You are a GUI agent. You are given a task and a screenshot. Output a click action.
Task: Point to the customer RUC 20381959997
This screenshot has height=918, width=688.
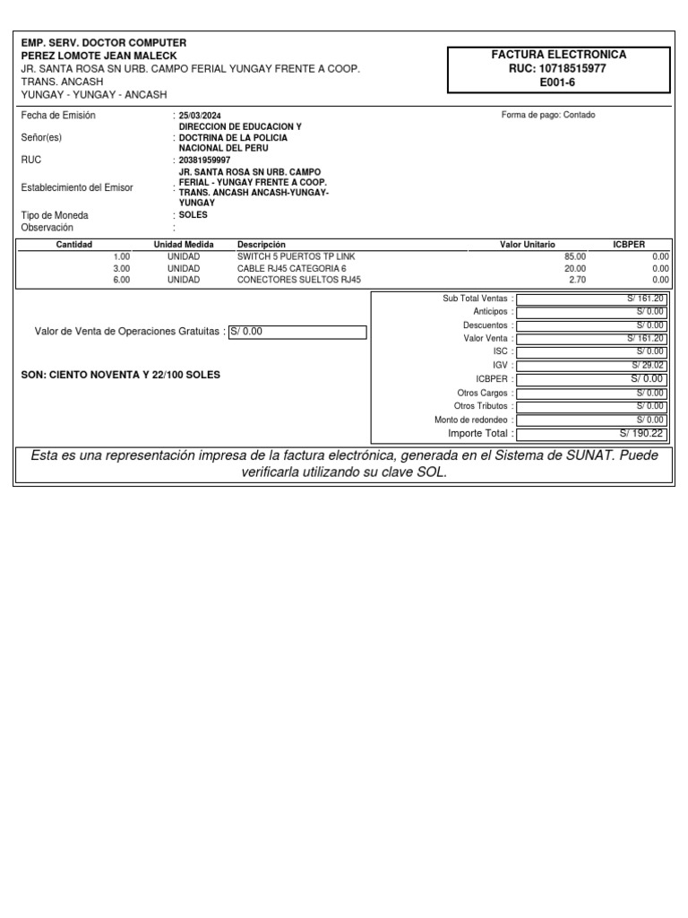205,160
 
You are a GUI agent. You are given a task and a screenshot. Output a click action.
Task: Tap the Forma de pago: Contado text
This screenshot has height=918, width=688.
548,115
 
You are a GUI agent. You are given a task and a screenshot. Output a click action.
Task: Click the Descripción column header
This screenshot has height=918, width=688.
262,245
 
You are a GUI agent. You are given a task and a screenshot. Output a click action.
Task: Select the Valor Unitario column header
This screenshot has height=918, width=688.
527,245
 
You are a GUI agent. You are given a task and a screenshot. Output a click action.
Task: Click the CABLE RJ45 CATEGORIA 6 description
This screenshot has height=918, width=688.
291,268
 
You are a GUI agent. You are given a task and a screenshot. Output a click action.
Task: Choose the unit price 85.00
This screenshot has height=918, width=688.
574,256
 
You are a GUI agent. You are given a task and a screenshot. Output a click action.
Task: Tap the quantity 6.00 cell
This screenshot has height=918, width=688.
121,280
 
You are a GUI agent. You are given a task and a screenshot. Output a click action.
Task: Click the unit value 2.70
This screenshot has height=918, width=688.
577,280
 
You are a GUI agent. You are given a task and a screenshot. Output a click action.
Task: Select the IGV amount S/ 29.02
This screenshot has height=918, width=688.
647,366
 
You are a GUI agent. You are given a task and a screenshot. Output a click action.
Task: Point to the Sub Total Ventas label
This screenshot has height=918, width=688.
475,299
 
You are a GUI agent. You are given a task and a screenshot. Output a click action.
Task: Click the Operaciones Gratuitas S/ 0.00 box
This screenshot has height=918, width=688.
297,332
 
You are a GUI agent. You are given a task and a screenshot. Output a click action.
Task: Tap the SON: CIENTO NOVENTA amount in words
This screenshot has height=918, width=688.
120,375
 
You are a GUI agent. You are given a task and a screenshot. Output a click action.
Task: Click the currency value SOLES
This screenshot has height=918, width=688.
193,216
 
